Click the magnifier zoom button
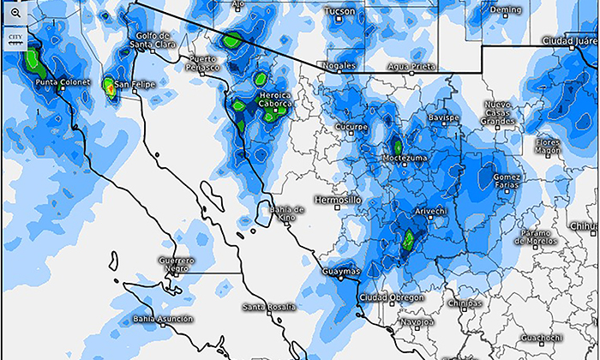tap(15, 15)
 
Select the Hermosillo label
tap(339, 200)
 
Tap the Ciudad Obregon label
tap(391, 297)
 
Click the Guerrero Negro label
tap(176, 264)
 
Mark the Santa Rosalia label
tap(268, 306)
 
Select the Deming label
tap(505, 9)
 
